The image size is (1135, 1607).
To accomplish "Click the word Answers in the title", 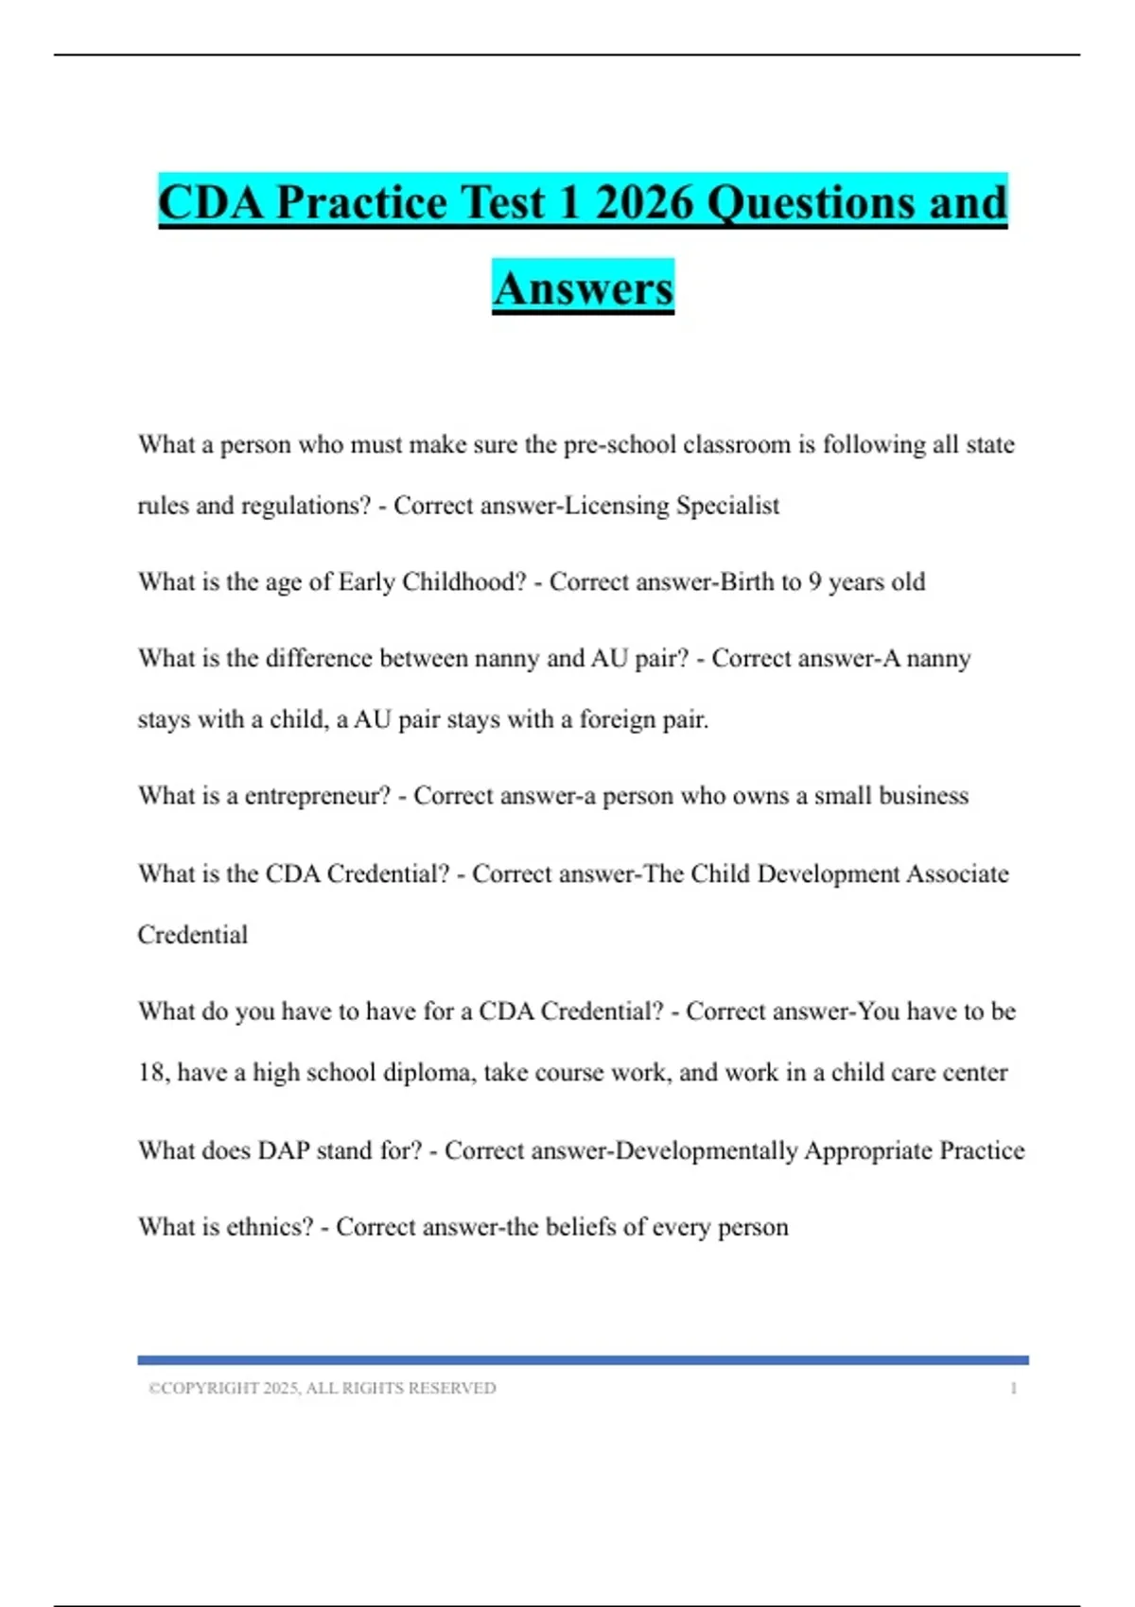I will pyautogui.click(x=583, y=288).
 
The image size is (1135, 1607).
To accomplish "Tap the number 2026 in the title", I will pyautogui.click(x=646, y=202).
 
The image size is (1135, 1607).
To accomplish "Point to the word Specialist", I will pyautogui.click(x=728, y=506).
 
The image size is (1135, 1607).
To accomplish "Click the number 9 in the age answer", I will pyautogui.click(x=814, y=581).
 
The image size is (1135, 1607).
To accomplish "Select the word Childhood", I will pyautogui.click(x=463, y=581).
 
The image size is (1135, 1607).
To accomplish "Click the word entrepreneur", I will pyautogui.click(x=317, y=796).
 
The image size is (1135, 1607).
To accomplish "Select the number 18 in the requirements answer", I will pyautogui.click(x=151, y=1073).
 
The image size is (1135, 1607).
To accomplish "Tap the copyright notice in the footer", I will pyautogui.click(x=322, y=1388).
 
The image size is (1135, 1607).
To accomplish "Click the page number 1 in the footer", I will pyautogui.click(x=1014, y=1388).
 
